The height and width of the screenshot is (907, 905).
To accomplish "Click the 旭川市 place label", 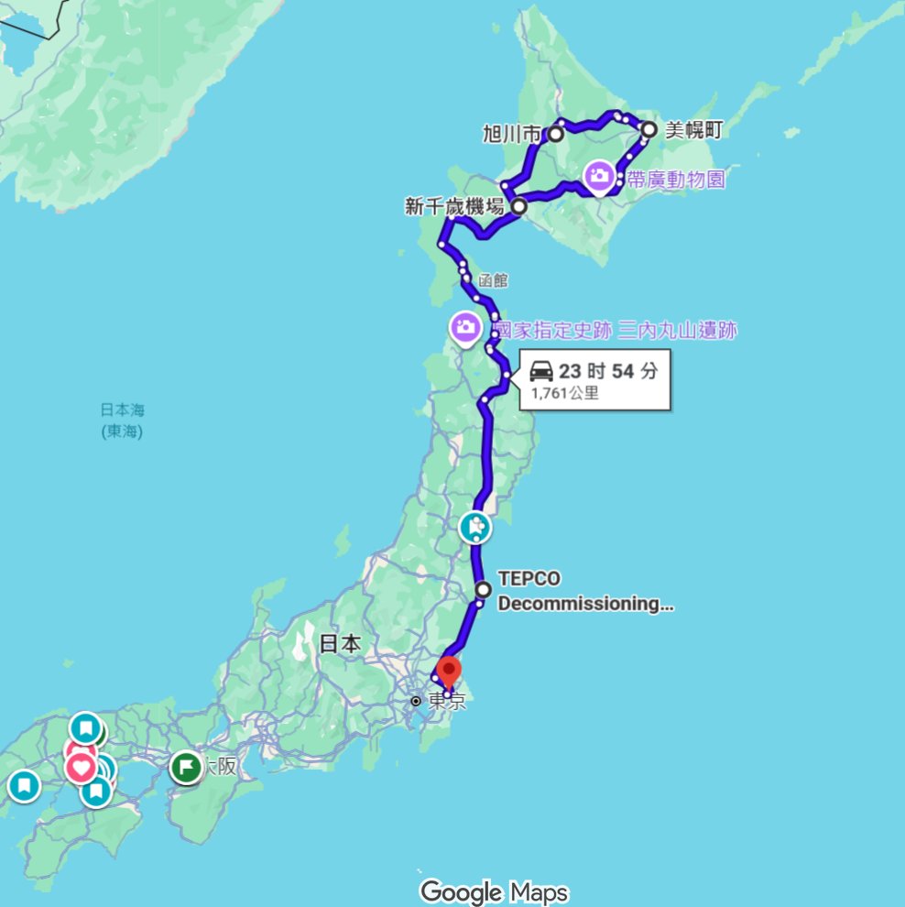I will (511, 135).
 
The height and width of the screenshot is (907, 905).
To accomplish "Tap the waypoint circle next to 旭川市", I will (556, 134).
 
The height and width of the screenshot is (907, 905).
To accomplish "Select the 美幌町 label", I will (693, 130).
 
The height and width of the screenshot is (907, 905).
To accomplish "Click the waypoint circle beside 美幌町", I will (649, 129).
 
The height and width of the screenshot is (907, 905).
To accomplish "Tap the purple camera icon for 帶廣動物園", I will (599, 175).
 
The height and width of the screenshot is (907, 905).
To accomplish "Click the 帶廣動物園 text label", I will (676, 179).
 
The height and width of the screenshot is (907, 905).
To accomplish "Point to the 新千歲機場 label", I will (455, 207).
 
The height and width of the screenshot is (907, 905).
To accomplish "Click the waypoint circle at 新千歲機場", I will (518, 206).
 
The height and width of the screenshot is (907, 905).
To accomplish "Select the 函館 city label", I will (493, 280).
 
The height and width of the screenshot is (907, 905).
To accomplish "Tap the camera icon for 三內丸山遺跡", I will (465, 327).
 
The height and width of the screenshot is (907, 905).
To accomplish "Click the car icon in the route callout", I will (540, 371).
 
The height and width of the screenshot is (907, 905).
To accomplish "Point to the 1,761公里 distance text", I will (565, 394).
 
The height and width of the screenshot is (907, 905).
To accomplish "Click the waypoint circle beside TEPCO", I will (484, 589).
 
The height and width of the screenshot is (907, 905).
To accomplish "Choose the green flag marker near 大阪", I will (186, 767).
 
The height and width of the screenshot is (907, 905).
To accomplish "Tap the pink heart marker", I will (81, 766).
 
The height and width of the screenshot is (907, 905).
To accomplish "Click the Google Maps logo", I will (495, 891).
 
